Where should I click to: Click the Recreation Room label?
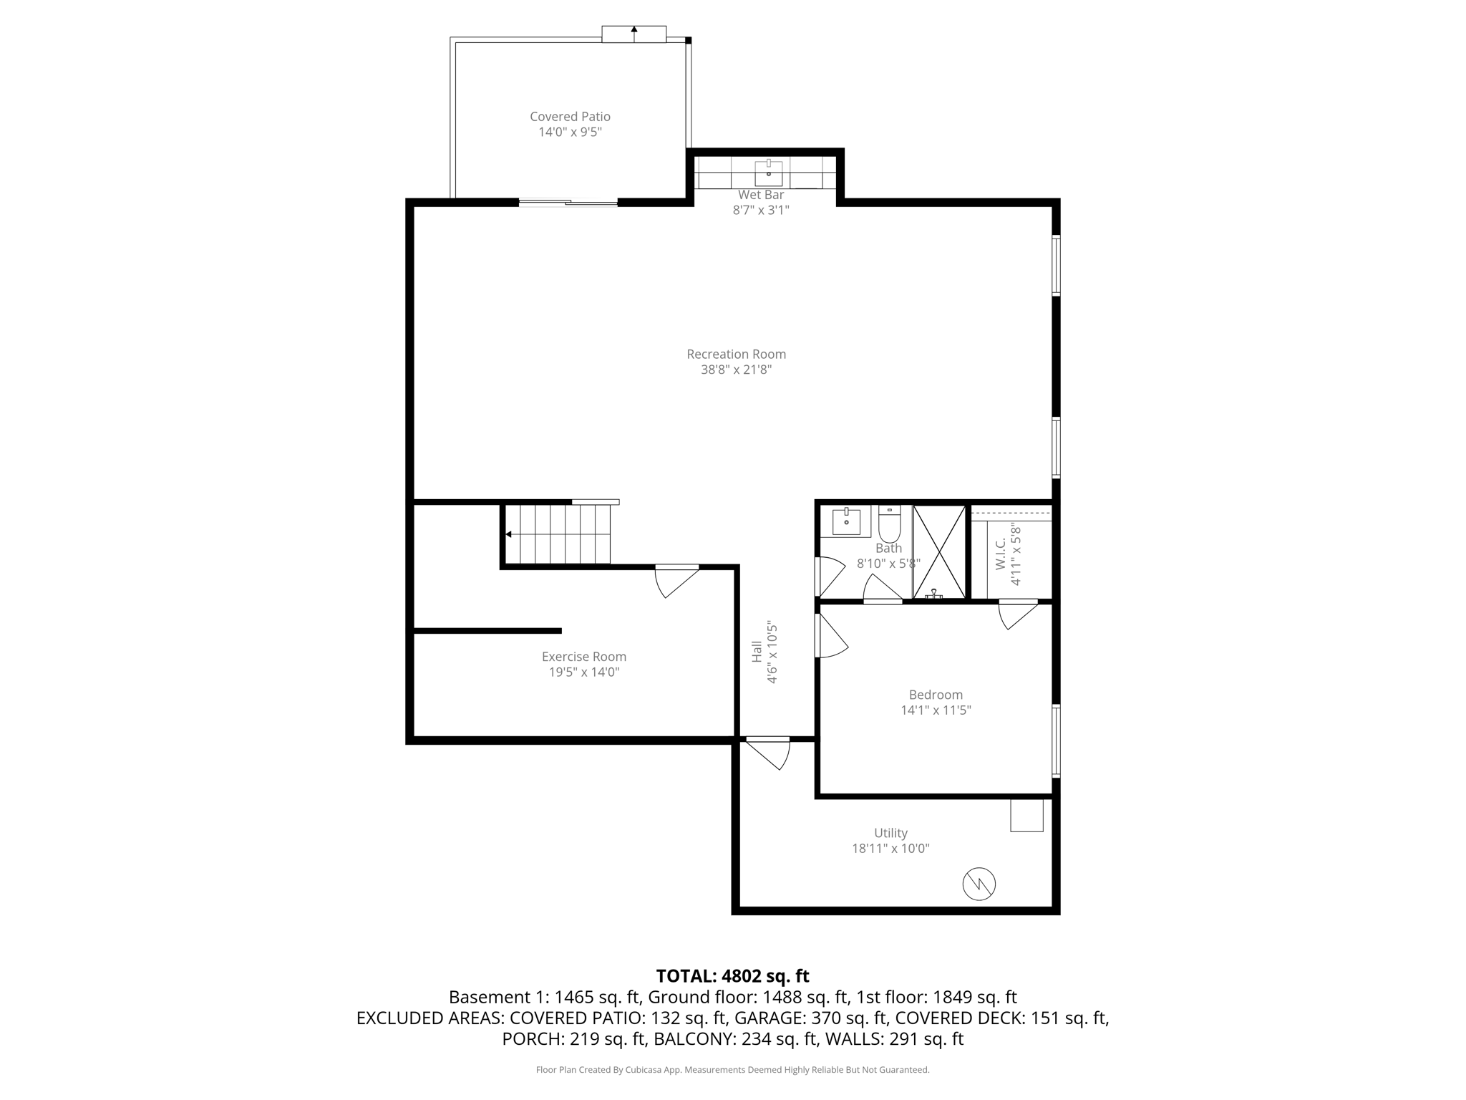736,354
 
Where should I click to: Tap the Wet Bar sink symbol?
769,173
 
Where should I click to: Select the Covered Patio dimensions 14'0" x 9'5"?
570,132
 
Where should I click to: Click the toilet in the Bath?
889,526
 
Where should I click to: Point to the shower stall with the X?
939,551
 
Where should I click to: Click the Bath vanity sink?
846,522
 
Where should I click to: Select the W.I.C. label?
1000,554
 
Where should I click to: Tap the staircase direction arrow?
508,534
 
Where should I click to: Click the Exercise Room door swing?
674,581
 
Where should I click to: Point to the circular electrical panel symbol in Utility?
979,884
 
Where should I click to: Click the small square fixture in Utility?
1026,815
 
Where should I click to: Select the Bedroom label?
936,695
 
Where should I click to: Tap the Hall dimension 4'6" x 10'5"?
772,652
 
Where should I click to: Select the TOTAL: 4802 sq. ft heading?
732,976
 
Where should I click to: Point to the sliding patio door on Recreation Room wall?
568,203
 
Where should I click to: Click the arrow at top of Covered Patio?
634,31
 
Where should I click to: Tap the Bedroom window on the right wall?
1056,740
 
